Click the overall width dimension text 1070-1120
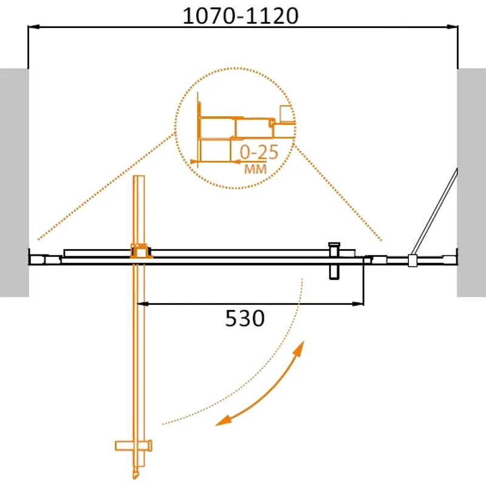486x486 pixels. (x=241, y=16)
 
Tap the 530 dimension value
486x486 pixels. (x=245, y=318)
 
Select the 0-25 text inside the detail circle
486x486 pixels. (x=259, y=152)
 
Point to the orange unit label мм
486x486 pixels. (x=255, y=169)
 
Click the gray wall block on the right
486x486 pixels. (x=471, y=182)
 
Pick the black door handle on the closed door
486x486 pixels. (x=334, y=261)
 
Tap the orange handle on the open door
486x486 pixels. (x=133, y=446)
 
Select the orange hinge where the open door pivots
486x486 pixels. (x=140, y=252)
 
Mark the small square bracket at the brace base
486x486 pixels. (x=412, y=261)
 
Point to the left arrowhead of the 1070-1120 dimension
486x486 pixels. (x=34, y=27)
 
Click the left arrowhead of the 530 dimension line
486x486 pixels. (x=145, y=303)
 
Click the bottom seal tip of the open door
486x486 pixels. (x=135, y=472)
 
